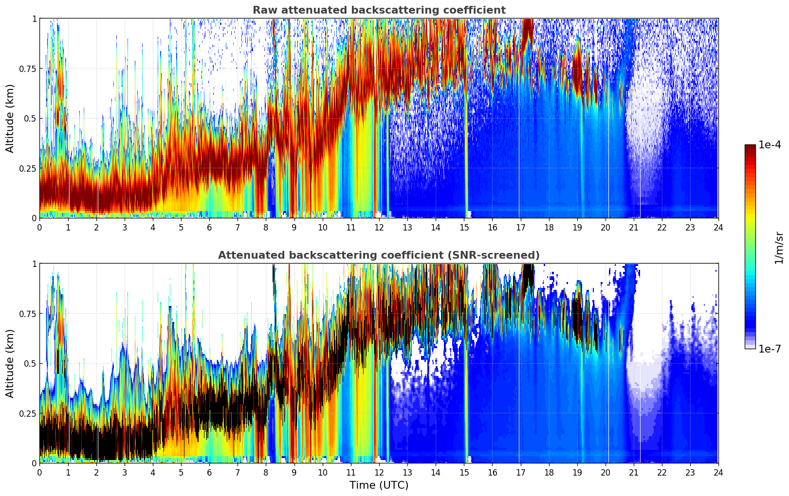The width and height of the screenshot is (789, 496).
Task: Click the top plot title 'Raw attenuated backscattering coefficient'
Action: tap(379, 10)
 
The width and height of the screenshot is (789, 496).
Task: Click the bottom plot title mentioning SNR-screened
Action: tap(379, 255)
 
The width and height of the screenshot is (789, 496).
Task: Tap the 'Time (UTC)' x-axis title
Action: tap(379, 485)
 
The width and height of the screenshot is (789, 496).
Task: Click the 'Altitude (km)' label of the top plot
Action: tap(10, 118)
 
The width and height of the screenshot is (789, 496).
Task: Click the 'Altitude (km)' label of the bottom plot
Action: tap(10, 363)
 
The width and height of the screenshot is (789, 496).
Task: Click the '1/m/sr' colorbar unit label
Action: tap(779, 248)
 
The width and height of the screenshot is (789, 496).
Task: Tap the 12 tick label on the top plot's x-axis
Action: tap(379, 228)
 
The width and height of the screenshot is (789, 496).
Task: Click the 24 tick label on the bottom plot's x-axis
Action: tap(718, 473)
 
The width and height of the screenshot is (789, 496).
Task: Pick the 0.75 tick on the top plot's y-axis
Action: tap(27, 69)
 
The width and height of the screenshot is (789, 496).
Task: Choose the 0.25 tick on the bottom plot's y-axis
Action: tap(27, 413)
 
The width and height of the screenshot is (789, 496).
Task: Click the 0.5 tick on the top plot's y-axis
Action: tap(30, 118)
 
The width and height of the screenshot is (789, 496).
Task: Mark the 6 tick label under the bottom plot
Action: tap(209, 473)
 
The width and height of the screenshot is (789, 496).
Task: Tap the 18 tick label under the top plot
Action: tap(549, 228)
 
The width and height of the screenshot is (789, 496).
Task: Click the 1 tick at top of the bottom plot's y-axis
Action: tap(34, 264)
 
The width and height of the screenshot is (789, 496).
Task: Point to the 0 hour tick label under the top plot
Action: tap(40, 228)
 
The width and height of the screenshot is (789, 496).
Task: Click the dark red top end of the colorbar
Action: tap(750, 147)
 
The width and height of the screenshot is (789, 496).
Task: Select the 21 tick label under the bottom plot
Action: tap(633, 473)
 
